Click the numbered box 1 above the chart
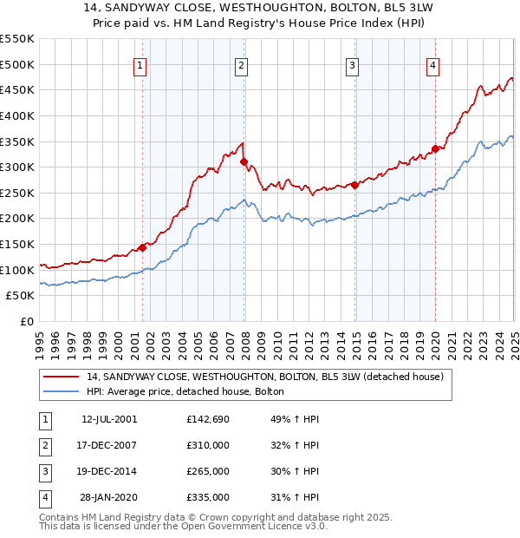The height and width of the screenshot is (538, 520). coord(140,64)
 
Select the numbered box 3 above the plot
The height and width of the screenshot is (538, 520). coord(353,64)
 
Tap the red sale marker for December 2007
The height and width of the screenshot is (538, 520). coord(244,161)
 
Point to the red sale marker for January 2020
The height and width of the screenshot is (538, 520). coord(435,148)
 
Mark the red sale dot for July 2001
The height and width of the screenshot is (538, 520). coord(142,248)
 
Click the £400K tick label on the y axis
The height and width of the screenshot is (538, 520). coord(16,115)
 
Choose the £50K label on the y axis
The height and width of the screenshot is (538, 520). coord(20,296)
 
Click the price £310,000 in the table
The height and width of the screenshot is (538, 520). coord(208,445)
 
